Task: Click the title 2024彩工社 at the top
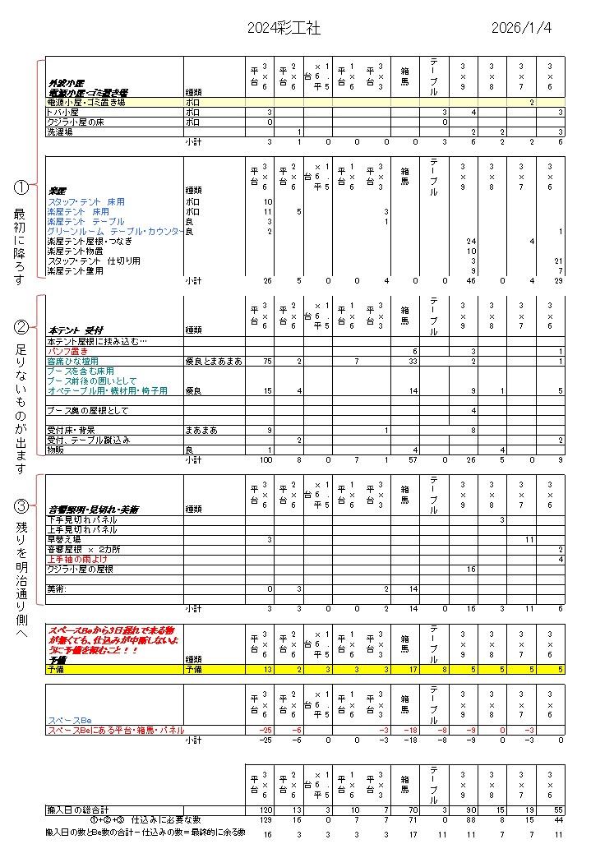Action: coord(284,28)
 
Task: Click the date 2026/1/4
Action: coord(521,28)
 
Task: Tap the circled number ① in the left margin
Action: coord(21,187)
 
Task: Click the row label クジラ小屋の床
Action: coord(75,122)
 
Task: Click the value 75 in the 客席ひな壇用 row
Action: coord(266,361)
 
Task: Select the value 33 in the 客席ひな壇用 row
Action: coord(413,361)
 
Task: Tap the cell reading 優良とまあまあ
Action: coord(214,361)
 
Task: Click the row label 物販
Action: coord(57,450)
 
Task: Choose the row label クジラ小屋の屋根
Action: coord(80,569)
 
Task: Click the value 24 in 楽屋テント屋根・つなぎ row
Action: coord(471,241)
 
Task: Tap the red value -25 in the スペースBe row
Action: coord(265,730)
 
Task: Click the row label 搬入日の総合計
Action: coord(80,810)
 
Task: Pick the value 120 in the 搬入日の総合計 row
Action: coord(265,810)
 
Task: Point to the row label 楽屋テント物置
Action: coord(75,251)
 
